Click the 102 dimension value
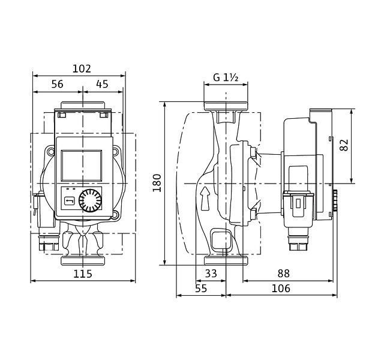click(x=82, y=69)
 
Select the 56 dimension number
click(x=58, y=84)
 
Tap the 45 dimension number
click(x=102, y=84)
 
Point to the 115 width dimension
click(x=83, y=274)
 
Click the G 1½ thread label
click(x=226, y=77)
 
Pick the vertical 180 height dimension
click(x=157, y=183)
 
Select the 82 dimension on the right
click(x=344, y=145)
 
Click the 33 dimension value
click(x=211, y=274)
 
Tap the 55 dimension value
click(x=201, y=289)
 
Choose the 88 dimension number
click(x=283, y=274)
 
